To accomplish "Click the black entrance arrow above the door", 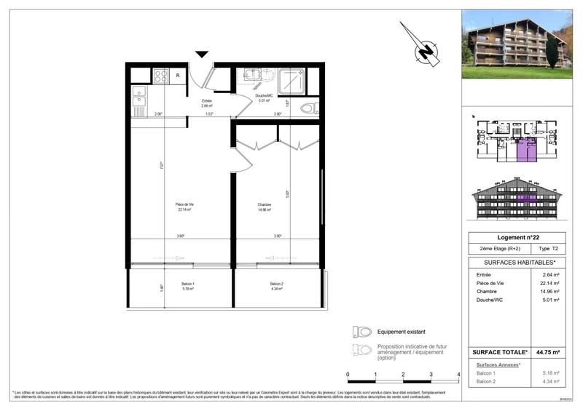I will [x=202, y=54].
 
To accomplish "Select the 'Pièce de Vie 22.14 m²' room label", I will [x=184, y=207].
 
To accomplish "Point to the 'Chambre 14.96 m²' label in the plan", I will [x=265, y=207].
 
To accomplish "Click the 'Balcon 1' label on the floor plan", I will [x=188, y=286].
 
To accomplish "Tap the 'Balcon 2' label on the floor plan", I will [x=276, y=286].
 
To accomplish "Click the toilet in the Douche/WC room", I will [x=309, y=110].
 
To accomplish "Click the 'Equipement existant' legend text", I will [x=401, y=332].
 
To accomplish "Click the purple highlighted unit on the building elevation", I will [x=527, y=197].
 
